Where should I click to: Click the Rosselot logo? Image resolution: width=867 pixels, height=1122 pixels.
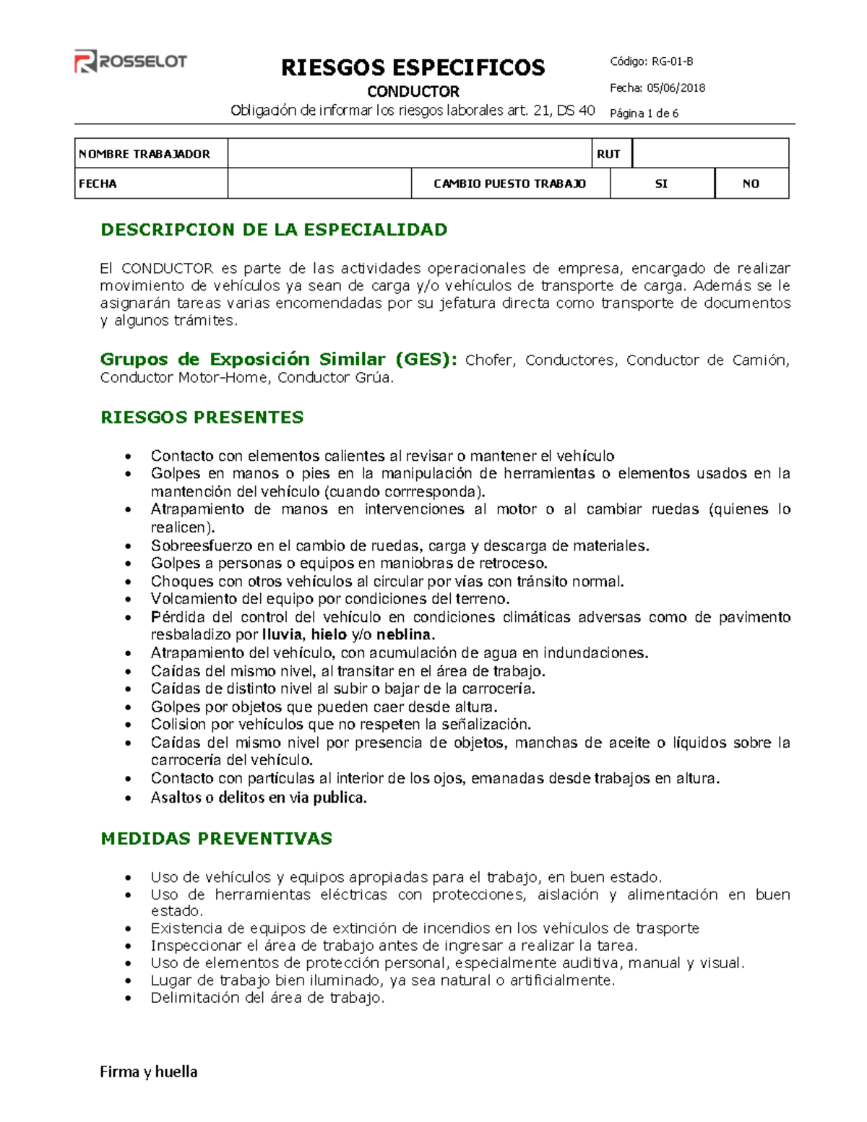tap(131, 62)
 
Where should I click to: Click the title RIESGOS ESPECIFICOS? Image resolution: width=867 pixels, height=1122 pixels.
tap(413, 68)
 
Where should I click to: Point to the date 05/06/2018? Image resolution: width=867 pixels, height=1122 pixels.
tap(676, 88)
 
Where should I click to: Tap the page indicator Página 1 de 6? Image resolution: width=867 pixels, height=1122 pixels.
tap(644, 113)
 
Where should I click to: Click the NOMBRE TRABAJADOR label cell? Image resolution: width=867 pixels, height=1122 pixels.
tap(150, 154)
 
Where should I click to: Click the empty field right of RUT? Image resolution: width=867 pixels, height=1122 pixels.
tap(709, 154)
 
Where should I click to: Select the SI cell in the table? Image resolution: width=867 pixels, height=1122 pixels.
tap(661, 184)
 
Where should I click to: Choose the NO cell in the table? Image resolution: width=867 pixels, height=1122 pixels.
tap(751, 184)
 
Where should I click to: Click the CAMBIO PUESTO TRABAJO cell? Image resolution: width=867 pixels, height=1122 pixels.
tap(509, 184)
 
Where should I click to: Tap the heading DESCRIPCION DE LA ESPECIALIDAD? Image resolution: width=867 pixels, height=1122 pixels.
tap(274, 230)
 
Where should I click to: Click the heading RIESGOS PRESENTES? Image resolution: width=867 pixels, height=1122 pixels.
tap(202, 418)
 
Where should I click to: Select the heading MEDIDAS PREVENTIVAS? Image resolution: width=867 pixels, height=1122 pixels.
tap(216, 838)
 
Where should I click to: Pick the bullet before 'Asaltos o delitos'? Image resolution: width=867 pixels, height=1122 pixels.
tap(129, 798)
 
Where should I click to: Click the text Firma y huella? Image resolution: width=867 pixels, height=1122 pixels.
tap(149, 1071)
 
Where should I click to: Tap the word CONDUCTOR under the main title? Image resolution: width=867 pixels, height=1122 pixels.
tap(413, 92)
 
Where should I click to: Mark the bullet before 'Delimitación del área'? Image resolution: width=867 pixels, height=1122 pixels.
tap(129, 998)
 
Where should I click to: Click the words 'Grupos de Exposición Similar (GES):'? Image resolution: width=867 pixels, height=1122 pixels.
tap(278, 360)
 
